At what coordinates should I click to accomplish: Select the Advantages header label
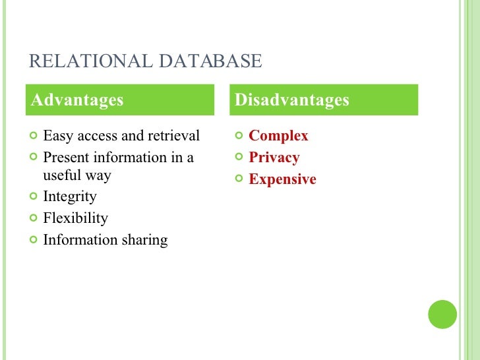click(78, 100)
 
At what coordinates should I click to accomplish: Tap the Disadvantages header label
click(292, 100)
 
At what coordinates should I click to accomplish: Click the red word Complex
click(278, 136)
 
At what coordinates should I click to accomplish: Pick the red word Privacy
click(274, 158)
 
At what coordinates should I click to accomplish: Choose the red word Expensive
click(282, 179)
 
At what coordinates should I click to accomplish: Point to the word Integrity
click(69, 196)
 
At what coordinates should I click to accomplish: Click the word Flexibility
click(75, 218)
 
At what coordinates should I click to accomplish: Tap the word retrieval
click(175, 136)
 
